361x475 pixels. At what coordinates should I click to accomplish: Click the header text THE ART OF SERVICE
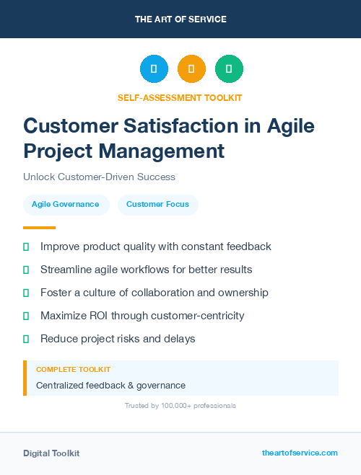click(180, 19)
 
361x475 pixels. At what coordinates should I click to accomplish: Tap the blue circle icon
click(154, 68)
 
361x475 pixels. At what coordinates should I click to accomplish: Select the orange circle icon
click(191, 68)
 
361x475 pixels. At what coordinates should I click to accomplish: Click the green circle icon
click(229, 68)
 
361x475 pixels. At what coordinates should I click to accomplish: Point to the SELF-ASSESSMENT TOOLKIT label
click(180, 97)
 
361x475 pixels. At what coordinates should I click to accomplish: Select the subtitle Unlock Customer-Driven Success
click(99, 177)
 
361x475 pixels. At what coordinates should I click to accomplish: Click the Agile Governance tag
click(66, 205)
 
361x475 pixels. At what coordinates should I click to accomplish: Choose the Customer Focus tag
click(157, 205)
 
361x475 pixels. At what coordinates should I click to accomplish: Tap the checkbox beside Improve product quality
click(26, 247)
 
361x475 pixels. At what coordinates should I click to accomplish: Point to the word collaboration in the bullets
click(165, 293)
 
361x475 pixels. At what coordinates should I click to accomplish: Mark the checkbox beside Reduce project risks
click(26, 339)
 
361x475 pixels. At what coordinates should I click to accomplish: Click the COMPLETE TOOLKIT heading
click(69, 369)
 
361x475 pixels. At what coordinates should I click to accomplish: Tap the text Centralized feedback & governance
click(110, 386)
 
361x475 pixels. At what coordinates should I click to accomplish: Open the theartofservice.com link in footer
click(300, 453)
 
